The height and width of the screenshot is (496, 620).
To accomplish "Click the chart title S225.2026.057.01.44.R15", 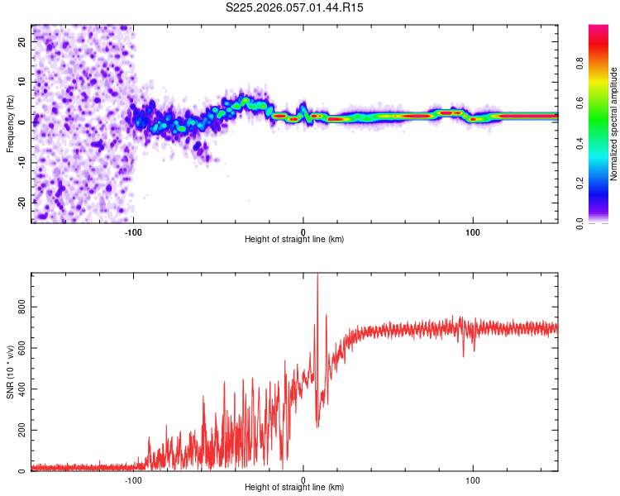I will pyautogui.click(x=295, y=7).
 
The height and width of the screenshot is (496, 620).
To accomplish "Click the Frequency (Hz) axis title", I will pyautogui.click(x=10, y=122).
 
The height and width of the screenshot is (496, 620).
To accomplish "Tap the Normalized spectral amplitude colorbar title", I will pyautogui.click(x=614, y=124).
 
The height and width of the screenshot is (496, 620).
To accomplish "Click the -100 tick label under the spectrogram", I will pyautogui.click(x=133, y=231).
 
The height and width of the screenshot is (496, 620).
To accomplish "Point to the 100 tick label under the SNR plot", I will pyautogui.click(x=473, y=479).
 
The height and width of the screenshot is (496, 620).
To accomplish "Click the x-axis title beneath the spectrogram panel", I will pyautogui.click(x=294, y=240).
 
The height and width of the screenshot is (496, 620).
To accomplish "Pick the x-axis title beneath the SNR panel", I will pyautogui.click(x=294, y=488).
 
